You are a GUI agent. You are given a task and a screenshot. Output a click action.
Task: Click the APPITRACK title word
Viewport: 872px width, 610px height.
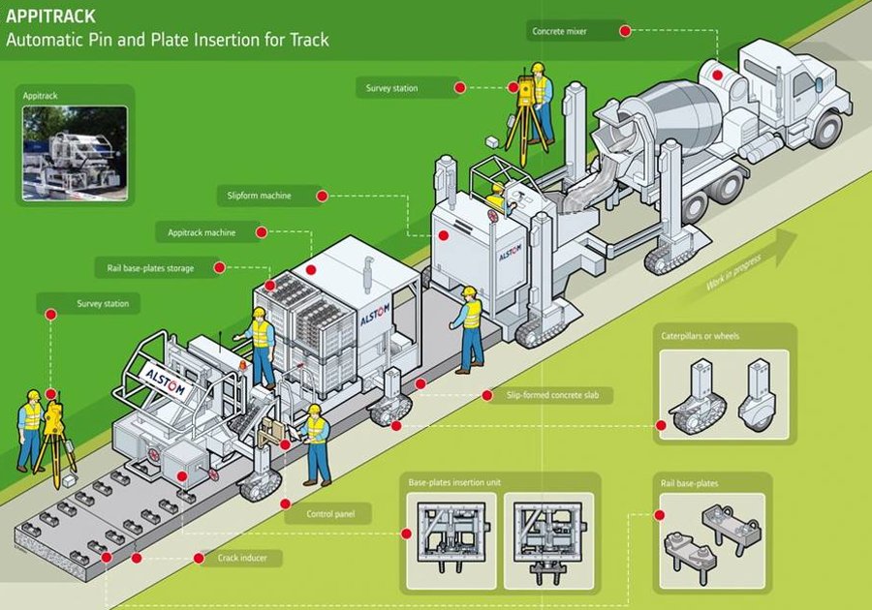[50, 16]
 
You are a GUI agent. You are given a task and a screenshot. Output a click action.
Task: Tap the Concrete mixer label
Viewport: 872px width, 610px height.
[559, 31]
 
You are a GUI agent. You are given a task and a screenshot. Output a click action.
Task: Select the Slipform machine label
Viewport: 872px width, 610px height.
[259, 196]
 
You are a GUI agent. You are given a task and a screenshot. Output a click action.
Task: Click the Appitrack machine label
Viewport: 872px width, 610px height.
[202, 232]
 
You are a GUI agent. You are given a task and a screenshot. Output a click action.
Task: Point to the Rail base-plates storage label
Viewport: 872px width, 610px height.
[150, 268]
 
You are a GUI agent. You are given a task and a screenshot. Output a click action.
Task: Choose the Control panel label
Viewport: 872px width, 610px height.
[330, 514]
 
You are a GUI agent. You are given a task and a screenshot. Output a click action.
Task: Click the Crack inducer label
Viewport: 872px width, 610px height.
[242, 558]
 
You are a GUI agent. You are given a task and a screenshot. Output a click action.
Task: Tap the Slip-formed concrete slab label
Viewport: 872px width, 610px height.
[552, 395]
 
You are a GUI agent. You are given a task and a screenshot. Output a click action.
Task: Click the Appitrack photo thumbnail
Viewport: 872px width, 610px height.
[75, 153]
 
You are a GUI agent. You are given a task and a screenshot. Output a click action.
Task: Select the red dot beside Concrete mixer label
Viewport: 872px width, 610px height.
[625, 31]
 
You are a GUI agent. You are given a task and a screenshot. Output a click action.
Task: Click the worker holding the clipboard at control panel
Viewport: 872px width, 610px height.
[316, 445]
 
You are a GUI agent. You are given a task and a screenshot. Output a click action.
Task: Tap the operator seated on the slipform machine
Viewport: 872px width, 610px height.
[497, 198]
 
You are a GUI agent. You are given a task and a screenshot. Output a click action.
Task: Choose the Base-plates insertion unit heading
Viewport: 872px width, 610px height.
[454, 482]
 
